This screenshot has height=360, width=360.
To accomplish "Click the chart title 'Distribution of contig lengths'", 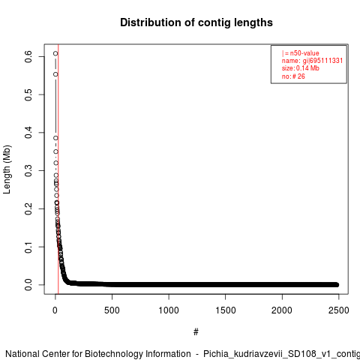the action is (196, 22).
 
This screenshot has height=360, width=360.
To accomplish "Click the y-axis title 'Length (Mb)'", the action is (7, 169).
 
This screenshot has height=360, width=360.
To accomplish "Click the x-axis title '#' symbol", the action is (196, 332).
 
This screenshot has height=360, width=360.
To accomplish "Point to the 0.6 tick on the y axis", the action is (28, 56).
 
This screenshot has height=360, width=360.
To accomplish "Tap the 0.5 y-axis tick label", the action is (28, 94).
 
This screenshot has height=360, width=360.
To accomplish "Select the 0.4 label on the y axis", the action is (28, 133).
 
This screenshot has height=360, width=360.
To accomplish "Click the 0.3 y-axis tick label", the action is (28, 170).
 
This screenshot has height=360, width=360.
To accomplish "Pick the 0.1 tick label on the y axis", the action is (28, 247).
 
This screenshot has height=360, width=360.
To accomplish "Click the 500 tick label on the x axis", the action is (112, 310).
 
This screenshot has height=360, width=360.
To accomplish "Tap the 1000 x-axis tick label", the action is (169, 310).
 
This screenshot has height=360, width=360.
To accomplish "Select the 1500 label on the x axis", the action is (226, 310).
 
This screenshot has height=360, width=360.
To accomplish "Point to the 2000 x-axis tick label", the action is (282, 310).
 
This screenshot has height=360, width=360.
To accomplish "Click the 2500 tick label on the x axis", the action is (339, 310).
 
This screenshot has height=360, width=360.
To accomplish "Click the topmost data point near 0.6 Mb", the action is (55, 53).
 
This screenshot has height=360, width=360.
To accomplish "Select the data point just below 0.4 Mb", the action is (55, 138).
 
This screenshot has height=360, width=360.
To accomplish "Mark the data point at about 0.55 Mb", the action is (55, 74).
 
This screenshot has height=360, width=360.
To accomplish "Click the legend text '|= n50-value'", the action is (301, 53).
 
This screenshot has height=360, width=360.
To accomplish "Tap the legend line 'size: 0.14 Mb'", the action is (301, 68).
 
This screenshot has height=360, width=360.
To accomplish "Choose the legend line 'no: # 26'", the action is (293, 76).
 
